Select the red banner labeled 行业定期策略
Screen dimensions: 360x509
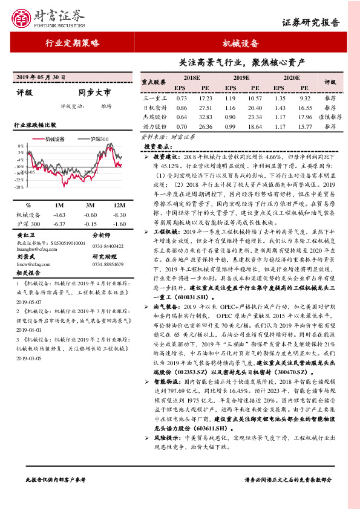pyautogui.click(x=73, y=44)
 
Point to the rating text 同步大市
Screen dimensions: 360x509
pyautogui.click(x=94, y=93)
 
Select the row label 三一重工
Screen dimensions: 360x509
pyautogui.click(x=154, y=97)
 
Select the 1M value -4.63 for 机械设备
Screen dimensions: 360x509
pyautogui.click(x=59, y=215)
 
